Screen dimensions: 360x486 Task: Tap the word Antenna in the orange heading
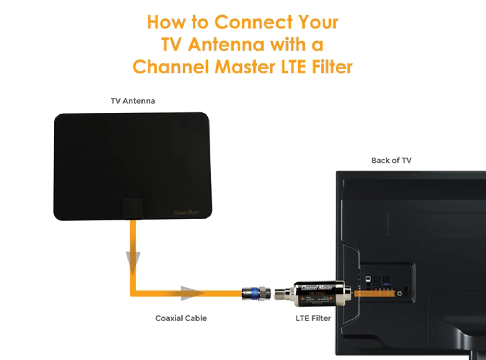[x=226, y=45]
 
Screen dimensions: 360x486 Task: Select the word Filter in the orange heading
[x=332, y=67]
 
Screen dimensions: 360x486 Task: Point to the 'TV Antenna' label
[x=133, y=101]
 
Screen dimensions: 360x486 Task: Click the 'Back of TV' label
[x=391, y=161]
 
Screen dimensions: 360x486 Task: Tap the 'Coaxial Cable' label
[x=181, y=318]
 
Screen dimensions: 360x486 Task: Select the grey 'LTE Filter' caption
[x=313, y=318]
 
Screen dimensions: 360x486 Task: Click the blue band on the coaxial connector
[x=255, y=293]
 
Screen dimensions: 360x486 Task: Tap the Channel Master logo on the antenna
[x=186, y=212]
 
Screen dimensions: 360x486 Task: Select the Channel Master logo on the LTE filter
[x=317, y=288]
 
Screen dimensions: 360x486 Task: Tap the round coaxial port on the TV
[x=400, y=294]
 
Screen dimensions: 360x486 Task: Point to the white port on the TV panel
[x=368, y=279]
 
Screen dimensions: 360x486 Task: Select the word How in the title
[x=167, y=22]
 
